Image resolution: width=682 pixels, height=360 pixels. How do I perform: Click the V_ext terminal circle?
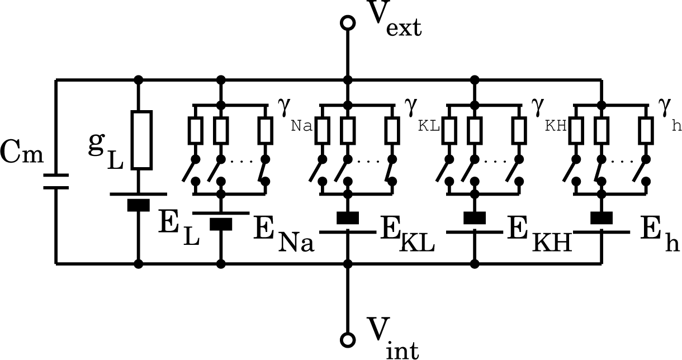click(348, 22)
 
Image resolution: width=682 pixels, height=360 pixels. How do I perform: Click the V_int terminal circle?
click(348, 339)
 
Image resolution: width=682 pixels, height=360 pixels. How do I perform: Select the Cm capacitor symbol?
click(56, 181)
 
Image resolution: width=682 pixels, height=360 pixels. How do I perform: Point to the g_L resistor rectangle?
click(141, 140)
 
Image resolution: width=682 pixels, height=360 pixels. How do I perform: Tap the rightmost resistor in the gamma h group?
click(647, 130)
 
